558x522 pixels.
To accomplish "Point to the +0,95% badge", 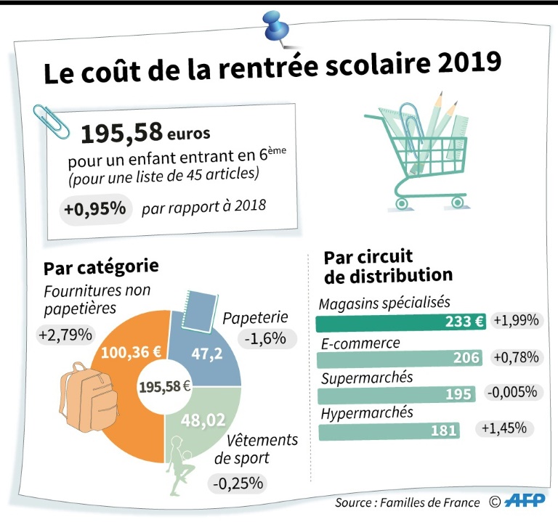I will pos(94,209).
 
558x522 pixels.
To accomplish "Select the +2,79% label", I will pos(66,335).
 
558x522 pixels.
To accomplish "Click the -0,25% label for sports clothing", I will pos(238,482).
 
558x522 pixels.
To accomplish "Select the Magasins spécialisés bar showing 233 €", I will pos(401,322).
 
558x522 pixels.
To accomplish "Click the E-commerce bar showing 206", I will pos(400,358).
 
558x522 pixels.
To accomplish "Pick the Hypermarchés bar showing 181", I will pos(390,431).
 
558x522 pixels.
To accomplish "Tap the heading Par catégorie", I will pos(101,268).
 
